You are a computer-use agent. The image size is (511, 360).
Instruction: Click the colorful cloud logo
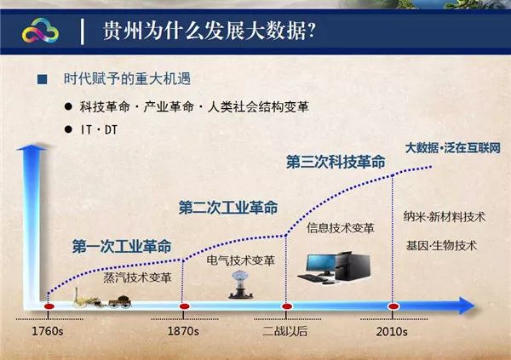[40, 31]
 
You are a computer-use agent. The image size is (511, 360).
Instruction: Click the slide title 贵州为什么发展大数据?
[210, 31]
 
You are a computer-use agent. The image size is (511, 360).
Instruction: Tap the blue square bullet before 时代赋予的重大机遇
[43, 79]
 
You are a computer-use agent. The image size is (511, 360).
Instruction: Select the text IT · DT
[99, 129]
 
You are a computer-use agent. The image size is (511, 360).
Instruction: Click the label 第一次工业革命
[122, 246]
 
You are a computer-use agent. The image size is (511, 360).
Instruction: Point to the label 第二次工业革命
[228, 208]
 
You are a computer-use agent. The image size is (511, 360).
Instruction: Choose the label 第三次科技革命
[336, 162]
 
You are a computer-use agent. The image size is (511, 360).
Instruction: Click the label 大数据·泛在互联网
[453, 148]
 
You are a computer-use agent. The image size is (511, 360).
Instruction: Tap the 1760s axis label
[48, 331]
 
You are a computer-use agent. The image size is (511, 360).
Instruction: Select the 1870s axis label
[183, 331]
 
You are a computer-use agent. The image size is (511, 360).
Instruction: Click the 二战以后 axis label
[285, 331]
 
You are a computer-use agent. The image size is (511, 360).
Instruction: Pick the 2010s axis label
[392, 332]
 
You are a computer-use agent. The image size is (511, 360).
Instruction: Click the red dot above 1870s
[185, 306]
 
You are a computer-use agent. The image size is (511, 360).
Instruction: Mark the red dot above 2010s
[393, 306]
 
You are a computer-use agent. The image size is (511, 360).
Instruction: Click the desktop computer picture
[335, 267]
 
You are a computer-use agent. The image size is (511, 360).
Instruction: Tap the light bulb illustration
[241, 285]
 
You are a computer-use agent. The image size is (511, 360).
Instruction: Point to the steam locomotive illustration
[102, 298]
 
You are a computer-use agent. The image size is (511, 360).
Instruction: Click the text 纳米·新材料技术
[445, 217]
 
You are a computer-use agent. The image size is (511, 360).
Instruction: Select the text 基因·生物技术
[441, 245]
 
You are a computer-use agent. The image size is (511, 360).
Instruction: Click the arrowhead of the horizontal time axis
[467, 306]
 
